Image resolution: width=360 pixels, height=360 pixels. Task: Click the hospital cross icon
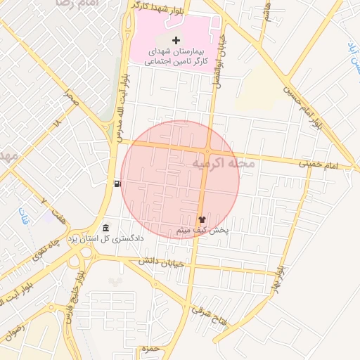(x=175, y=40)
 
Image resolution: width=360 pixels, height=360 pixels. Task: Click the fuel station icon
(x=117, y=184)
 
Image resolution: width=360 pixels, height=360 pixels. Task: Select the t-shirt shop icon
(x=202, y=219)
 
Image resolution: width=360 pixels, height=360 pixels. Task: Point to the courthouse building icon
(x=105, y=228)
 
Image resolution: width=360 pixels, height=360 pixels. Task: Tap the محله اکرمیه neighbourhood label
(x=226, y=163)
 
